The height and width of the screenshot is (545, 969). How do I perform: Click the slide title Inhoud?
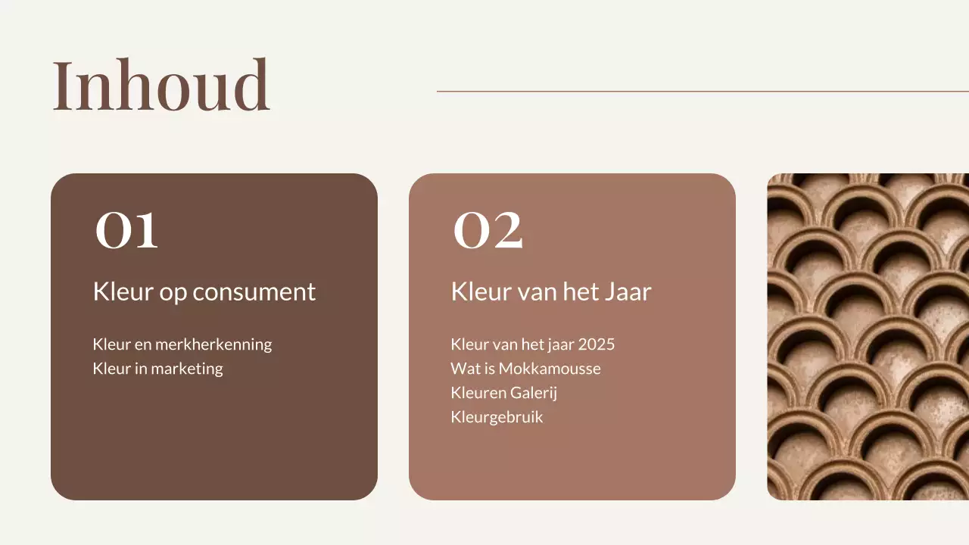click(x=160, y=86)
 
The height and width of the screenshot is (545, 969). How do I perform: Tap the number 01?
click(x=127, y=230)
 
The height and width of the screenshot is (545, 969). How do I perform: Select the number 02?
click(x=488, y=230)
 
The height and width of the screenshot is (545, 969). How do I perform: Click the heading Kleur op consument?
click(x=204, y=291)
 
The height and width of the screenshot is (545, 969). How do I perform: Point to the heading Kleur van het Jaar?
click(x=550, y=291)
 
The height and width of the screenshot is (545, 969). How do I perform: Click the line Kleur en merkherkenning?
click(x=182, y=344)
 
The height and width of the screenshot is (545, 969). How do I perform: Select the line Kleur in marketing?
click(x=157, y=369)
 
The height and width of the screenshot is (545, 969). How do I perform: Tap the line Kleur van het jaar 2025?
click(x=532, y=344)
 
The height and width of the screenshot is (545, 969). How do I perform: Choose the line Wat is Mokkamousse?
click(x=525, y=369)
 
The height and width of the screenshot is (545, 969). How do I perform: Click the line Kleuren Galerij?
click(x=503, y=393)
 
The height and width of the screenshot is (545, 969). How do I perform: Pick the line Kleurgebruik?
click(x=497, y=417)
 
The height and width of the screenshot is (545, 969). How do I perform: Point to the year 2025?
click(x=597, y=344)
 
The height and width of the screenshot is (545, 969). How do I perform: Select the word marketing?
click(x=187, y=369)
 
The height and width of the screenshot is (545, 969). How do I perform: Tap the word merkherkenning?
click(x=213, y=344)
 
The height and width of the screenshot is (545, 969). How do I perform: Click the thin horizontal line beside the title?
click(x=703, y=92)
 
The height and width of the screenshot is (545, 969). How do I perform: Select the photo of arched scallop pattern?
click(x=868, y=337)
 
